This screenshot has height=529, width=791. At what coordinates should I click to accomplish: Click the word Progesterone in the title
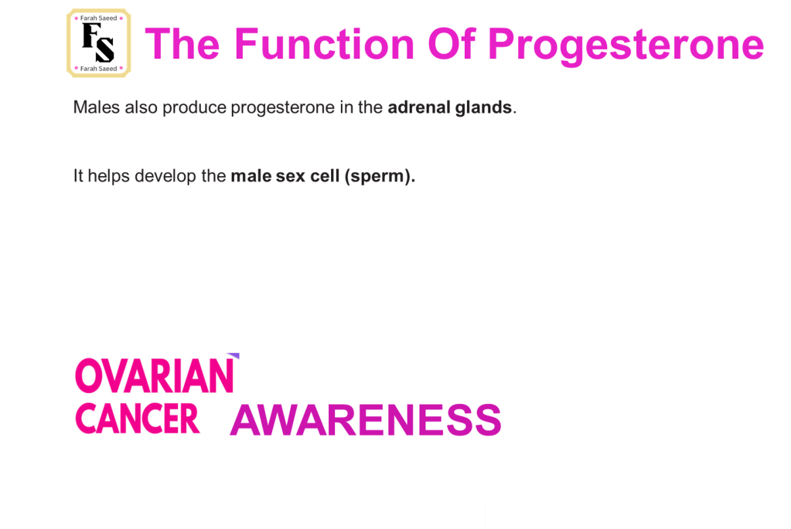(626, 46)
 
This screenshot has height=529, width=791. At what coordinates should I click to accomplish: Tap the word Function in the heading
(325, 44)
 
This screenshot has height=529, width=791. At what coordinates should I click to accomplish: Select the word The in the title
(182, 44)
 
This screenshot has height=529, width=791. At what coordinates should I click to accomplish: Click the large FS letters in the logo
(98, 42)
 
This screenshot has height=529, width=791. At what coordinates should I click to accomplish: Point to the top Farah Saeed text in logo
(98, 18)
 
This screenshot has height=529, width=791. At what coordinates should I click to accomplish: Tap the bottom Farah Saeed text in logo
(98, 69)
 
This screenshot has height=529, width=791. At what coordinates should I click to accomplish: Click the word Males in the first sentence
(97, 107)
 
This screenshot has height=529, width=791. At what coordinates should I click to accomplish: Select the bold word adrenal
(419, 107)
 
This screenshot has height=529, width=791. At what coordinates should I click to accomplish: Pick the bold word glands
(483, 107)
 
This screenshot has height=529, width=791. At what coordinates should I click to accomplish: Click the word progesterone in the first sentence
(282, 108)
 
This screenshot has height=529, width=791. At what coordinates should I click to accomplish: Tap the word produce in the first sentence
(194, 108)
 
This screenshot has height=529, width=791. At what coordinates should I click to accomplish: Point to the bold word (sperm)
(380, 176)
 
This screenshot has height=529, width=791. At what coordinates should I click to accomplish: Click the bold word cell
(325, 176)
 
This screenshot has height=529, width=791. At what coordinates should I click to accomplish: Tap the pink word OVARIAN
(155, 376)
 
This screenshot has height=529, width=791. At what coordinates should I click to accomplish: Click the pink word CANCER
(138, 419)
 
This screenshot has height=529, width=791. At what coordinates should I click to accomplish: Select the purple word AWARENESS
(366, 419)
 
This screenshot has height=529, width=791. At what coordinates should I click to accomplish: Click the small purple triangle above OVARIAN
(234, 356)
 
